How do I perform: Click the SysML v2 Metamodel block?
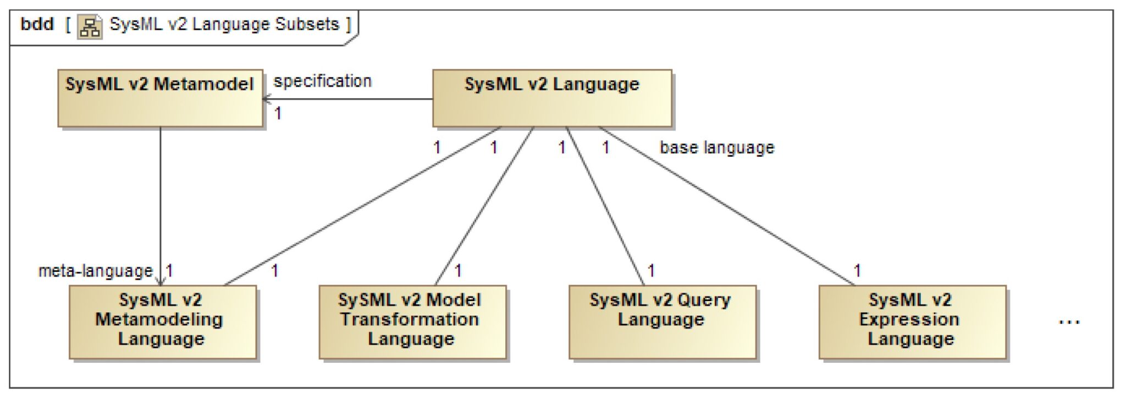[160, 98]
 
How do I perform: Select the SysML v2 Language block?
[551, 98]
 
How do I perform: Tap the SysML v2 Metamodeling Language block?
[162, 322]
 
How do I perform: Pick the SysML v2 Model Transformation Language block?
[412, 322]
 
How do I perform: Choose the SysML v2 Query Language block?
[662, 322]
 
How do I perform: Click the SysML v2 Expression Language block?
[912, 322]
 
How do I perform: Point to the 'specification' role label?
[323, 81]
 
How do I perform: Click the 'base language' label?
[717, 148]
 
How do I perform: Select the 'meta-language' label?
[95, 271]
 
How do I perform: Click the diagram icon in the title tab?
[90, 26]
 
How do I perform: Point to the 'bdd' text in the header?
[37, 25]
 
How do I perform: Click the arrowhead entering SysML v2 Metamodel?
[266, 99]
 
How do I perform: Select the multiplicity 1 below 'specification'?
[278, 114]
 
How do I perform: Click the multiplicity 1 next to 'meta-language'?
[170, 270]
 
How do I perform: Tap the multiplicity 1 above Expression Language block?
[857, 270]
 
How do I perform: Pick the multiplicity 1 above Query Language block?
[651, 270]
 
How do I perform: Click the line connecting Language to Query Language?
[605, 206]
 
